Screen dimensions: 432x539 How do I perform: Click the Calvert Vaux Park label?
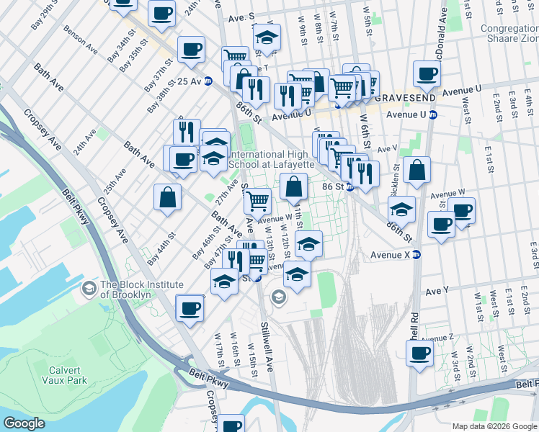point(63,375)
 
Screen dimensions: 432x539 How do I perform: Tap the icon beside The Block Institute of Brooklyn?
point(89,289)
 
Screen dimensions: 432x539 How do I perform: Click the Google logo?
point(25,423)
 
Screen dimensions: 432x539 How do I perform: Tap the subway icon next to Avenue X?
point(416,255)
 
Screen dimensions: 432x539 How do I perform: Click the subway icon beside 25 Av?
point(208,81)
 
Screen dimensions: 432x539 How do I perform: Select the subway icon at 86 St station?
point(349,186)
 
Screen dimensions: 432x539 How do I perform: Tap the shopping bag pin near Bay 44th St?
point(167,198)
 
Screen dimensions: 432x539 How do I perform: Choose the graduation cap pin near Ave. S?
point(267,39)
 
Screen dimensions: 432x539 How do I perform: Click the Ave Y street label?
point(437,291)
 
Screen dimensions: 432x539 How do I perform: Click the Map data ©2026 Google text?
point(494,426)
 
